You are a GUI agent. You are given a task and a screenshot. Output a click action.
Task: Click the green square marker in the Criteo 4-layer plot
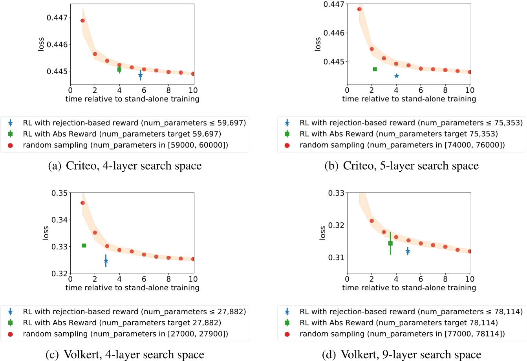pyautogui.click(x=119, y=70)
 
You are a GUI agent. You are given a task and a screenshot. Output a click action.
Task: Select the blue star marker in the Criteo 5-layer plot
pyautogui.click(x=396, y=76)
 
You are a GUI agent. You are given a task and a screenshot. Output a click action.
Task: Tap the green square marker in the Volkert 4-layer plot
pyautogui.click(x=84, y=246)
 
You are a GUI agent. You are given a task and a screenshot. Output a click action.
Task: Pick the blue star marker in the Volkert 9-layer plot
pyautogui.click(x=408, y=251)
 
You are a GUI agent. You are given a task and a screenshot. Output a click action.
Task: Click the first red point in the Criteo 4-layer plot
pyautogui.click(x=82, y=20)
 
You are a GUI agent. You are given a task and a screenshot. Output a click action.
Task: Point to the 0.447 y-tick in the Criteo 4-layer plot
pyautogui.click(x=57, y=18)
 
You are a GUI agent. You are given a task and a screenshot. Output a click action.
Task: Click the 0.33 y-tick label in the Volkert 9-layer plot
pyautogui.click(x=337, y=193)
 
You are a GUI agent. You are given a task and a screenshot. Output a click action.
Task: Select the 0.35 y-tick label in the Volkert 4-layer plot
pyautogui.click(x=60, y=193)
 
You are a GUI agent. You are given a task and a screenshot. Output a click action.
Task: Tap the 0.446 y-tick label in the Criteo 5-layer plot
pyautogui.click(x=334, y=33)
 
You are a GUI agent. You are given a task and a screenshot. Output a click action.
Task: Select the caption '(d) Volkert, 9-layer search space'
pyautogui.click(x=401, y=355)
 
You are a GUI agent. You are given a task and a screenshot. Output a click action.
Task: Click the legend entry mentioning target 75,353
pyautogui.click(x=399, y=134)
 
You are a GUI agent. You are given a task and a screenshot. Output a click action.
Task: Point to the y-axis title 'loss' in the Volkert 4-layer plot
pyautogui.click(x=46, y=233)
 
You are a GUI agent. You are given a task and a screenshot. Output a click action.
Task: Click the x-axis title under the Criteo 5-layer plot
pyautogui.click(x=409, y=99)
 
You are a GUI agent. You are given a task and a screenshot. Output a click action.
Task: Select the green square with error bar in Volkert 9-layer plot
pyautogui.click(x=390, y=243)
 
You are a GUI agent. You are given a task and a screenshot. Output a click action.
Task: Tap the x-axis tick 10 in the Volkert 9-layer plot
pyautogui.click(x=470, y=279)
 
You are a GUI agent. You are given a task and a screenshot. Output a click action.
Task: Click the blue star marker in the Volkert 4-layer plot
pyautogui.click(x=106, y=260)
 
